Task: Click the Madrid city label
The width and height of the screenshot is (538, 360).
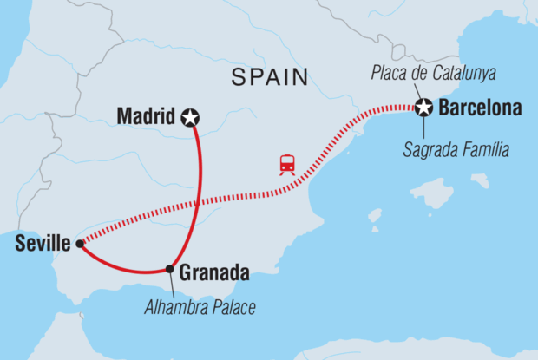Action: click(146, 115)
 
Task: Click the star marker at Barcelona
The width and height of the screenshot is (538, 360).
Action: click(423, 108)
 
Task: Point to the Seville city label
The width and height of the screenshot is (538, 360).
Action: click(43, 245)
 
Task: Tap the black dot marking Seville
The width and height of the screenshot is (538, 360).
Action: click(80, 244)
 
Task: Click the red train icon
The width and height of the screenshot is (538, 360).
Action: click(285, 164)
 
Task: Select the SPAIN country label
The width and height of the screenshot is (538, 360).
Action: click(270, 78)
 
